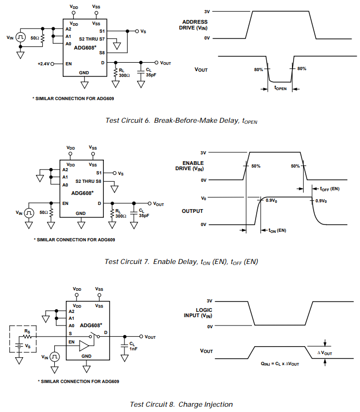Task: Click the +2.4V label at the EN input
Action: point(43,63)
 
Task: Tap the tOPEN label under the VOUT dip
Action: point(280,89)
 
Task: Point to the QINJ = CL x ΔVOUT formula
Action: point(279,364)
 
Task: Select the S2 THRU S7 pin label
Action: point(92,38)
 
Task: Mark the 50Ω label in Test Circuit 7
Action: point(44,212)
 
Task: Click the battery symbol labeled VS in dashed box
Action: point(20,346)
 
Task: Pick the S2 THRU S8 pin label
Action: point(88,181)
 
